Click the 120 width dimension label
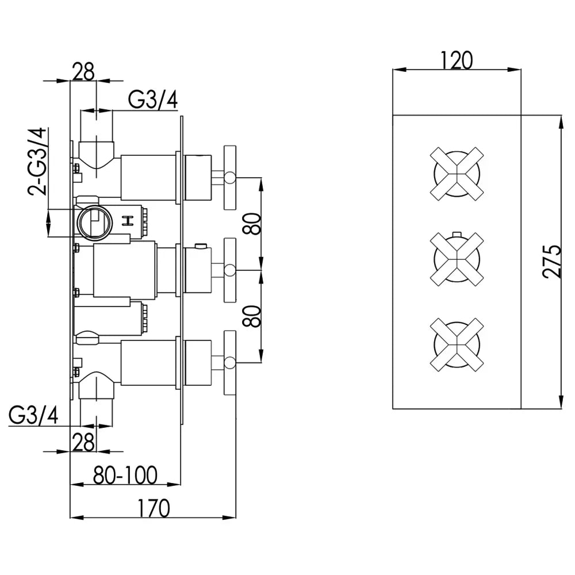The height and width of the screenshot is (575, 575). click(x=457, y=59)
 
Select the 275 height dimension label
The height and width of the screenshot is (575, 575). click(x=550, y=262)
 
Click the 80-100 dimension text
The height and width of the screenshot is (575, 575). click(x=126, y=475)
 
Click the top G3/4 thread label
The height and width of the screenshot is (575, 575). click(x=152, y=100)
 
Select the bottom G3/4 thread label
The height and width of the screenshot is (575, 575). click(x=33, y=416)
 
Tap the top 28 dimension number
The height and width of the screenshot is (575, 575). click(x=83, y=71)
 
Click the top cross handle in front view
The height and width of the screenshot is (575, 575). click(x=456, y=173)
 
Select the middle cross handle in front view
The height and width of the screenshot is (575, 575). click(x=456, y=259)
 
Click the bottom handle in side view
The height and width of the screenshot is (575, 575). click(x=229, y=362)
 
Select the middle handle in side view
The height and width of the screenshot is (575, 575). click(x=229, y=269)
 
